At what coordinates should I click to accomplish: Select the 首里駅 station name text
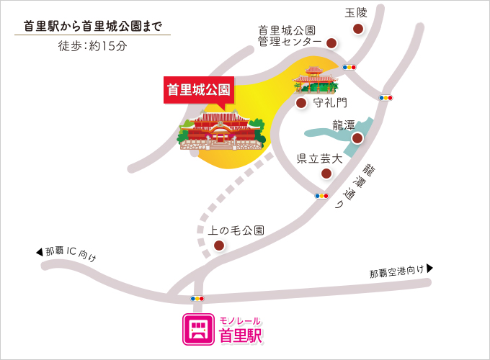click(x=241, y=335)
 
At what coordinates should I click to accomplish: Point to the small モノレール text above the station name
click(x=240, y=320)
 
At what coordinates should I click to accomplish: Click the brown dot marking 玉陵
click(x=357, y=29)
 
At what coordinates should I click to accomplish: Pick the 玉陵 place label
click(x=356, y=13)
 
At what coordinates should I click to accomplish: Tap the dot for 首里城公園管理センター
click(x=331, y=43)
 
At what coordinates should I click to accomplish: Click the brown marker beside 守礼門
click(x=301, y=103)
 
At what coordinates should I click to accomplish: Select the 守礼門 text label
click(x=331, y=103)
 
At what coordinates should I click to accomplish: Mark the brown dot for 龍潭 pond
click(x=356, y=138)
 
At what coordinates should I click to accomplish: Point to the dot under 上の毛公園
click(x=218, y=246)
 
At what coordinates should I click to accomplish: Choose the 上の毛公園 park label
click(x=236, y=230)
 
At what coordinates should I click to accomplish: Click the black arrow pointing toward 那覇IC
click(x=40, y=251)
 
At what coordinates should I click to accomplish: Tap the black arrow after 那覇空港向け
click(x=430, y=269)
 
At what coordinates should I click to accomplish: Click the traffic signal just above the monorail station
click(x=197, y=298)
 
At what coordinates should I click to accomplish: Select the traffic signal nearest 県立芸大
click(x=322, y=195)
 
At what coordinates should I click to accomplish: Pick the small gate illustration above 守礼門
click(x=315, y=79)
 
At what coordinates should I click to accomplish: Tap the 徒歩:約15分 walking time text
click(x=92, y=45)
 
